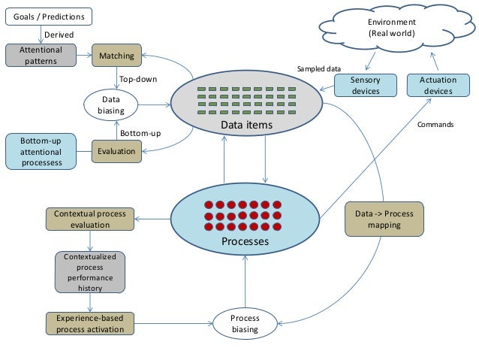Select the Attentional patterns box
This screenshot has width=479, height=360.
(x=41, y=55)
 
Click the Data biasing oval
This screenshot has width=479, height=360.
(x=111, y=104)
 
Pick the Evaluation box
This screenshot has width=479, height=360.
(x=116, y=151)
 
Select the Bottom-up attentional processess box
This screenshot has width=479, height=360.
(x=41, y=151)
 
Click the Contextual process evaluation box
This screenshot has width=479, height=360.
(x=90, y=219)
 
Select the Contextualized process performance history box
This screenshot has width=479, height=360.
(x=90, y=272)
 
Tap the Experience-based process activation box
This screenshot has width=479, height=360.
(x=90, y=323)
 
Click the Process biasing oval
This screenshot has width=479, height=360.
(x=245, y=323)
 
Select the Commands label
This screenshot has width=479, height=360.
(x=435, y=125)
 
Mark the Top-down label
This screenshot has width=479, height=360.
(x=138, y=79)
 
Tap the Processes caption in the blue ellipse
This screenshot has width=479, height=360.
(x=245, y=242)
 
